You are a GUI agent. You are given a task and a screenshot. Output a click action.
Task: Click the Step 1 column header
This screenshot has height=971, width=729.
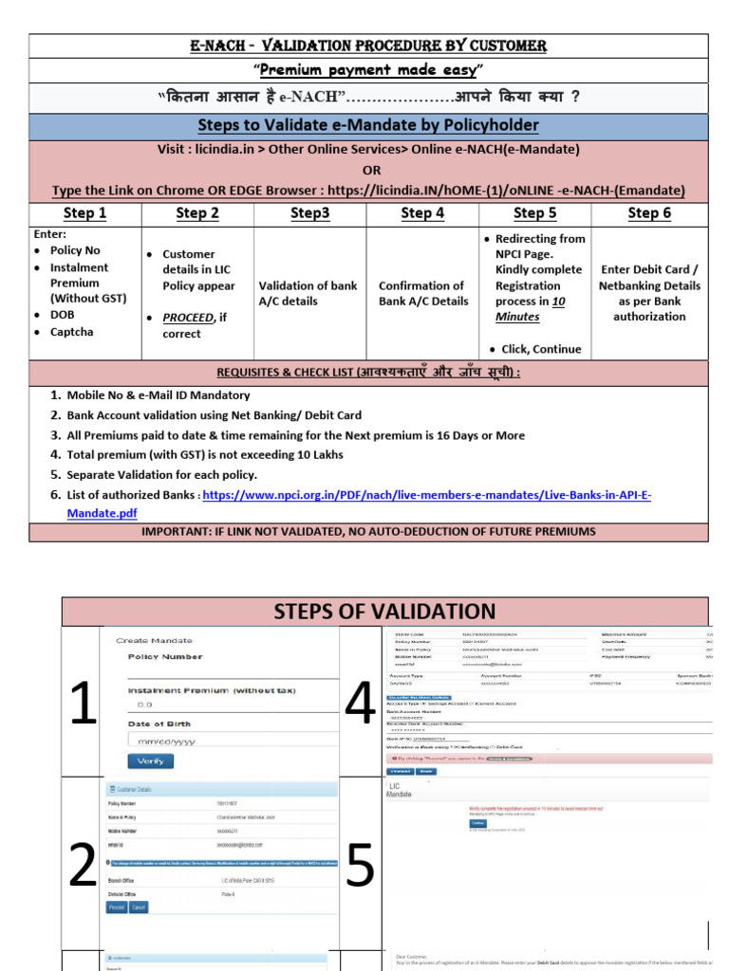click(84, 213)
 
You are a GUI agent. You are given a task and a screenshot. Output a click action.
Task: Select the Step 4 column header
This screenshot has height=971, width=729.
click(422, 213)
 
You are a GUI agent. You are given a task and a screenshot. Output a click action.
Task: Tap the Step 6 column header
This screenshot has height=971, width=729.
click(649, 213)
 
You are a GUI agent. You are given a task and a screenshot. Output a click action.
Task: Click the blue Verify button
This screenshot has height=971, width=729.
click(150, 760)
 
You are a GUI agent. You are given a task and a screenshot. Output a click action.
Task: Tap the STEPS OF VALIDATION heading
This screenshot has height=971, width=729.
click(384, 612)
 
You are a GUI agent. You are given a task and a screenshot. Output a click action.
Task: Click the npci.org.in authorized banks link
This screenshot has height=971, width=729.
click(427, 495)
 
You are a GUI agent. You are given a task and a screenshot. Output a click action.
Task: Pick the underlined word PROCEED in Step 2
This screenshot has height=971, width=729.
click(187, 318)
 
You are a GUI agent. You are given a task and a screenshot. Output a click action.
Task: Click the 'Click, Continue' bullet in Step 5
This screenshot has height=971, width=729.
click(541, 349)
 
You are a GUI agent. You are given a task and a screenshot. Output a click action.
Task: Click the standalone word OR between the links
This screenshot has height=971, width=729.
click(371, 170)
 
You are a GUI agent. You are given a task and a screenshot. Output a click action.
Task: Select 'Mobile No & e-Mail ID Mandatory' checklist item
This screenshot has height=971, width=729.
click(158, 395)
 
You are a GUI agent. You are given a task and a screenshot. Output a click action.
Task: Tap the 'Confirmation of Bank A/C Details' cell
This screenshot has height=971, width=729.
click(423, 293)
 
